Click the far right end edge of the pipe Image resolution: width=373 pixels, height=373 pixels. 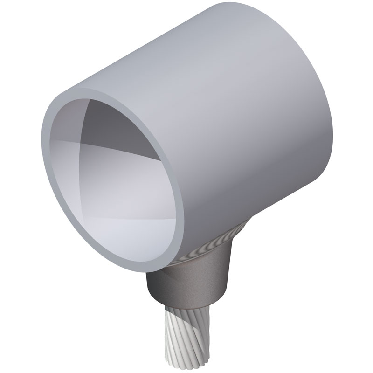coord(326,117)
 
